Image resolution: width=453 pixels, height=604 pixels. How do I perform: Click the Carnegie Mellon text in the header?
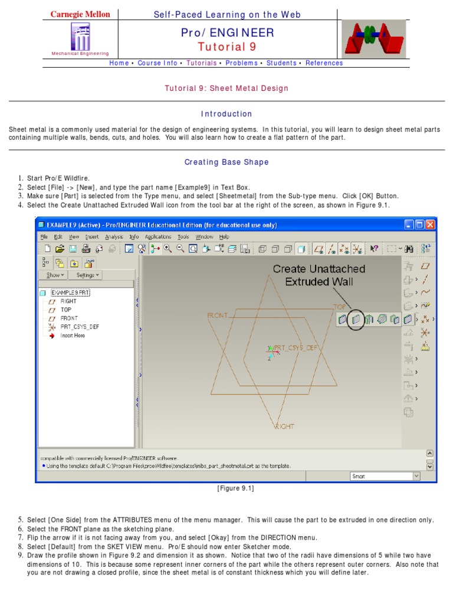click(x=80, y=14)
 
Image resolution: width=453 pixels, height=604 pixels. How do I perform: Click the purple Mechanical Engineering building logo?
click(x=80, y=37)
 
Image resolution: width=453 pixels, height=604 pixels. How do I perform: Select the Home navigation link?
click(x=119, y=63)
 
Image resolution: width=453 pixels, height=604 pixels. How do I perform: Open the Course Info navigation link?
click(x=157, y=63)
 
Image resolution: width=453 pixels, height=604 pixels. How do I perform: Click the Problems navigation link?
click(x=242, y=63)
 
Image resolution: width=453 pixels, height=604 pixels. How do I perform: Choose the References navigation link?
click(x=324, y=63)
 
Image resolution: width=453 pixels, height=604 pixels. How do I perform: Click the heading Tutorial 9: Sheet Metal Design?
click(x=226, y=88)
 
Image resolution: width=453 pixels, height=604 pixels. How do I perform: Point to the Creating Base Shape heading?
click(x=226, y=162)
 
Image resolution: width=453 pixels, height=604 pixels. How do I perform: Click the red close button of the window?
click(x=430, y=225)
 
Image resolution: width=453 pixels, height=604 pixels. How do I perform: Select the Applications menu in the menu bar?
click(x=158, y=237)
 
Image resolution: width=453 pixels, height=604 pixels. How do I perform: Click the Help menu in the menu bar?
click(x=224, y=237)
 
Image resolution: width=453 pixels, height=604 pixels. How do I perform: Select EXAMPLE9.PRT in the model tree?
click(x=70, y=293)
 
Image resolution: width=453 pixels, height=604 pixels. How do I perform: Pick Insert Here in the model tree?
click(x=73, y=335)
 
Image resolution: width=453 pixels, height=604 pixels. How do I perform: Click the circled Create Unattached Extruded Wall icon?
click(x=355, y=319)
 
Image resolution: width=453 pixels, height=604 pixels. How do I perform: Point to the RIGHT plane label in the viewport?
click(x=284, y=426)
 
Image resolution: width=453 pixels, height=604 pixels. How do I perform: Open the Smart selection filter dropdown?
click(x=385, y=476)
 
